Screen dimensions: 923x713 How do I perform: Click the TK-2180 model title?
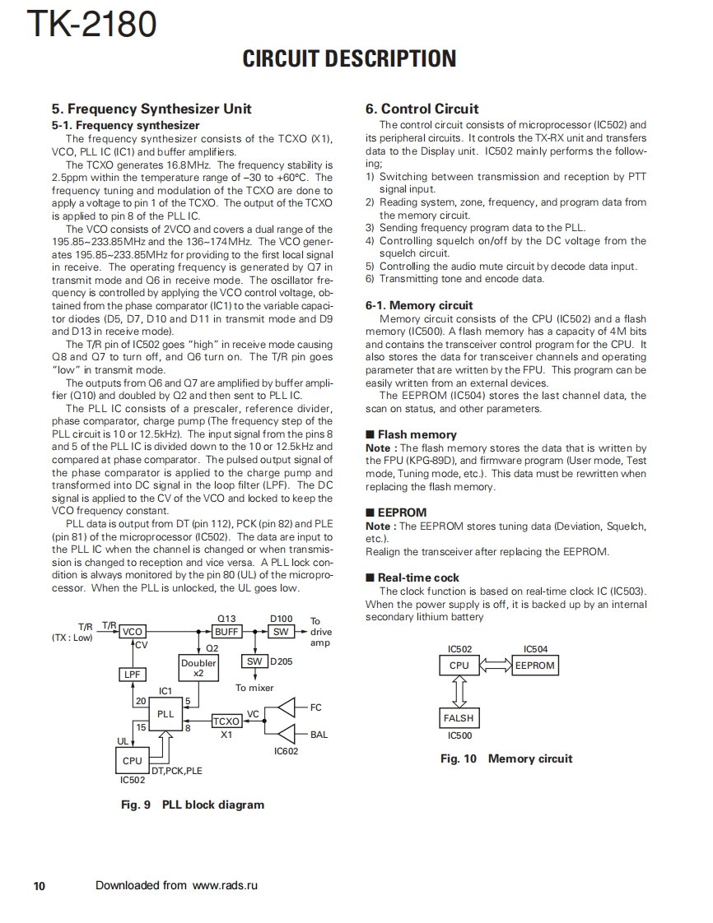tap(91, 25)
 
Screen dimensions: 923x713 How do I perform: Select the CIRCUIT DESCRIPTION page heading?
tap(349, 58)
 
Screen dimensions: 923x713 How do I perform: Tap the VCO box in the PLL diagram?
tap(133, 632)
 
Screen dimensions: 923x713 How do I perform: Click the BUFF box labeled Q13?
tap(226, 632)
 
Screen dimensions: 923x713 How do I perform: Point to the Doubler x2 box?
tap(198, 667)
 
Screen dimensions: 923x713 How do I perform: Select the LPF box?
tap(133, 675)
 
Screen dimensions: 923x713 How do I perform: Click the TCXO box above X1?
tap(226, 721)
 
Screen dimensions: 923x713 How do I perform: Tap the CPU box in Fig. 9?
tap(133, 761)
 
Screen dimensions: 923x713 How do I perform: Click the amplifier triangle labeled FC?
tap(287, 707)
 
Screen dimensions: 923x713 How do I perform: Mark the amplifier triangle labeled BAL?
tap(287, 734)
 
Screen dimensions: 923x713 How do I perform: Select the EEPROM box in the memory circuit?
tap(534, 666)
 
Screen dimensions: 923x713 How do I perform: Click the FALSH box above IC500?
tap(459, 718)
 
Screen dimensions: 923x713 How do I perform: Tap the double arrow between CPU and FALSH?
tap(459, 692)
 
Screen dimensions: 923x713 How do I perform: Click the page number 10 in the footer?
tap(39, 886)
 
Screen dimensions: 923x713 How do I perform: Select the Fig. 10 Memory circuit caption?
tap(506, 758)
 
